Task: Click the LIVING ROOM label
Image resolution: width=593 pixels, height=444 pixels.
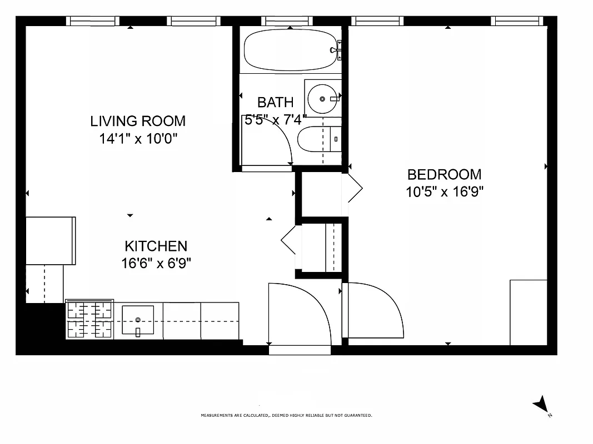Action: click(138, 121)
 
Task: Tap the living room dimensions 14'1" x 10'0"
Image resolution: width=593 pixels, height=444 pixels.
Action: click(138, 139)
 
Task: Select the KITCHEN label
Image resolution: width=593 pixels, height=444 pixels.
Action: click(156, 246)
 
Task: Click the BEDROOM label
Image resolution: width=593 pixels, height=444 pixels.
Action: click(444, 174)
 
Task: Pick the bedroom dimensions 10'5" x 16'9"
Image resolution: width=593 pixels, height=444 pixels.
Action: click(444, 192)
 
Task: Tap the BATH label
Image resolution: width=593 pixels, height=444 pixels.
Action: click(275, 102)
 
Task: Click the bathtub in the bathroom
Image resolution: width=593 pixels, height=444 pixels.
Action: click(289, 50)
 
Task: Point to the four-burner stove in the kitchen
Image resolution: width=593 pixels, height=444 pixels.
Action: click(89, 320)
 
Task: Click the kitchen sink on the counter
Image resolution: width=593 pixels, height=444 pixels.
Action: click(138, 320)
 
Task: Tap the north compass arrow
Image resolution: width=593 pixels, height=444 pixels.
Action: click(541, 404)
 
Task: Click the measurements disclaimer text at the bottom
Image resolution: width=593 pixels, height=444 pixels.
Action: click(286, 415)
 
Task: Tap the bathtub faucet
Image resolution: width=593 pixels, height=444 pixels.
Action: click(336, 51)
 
